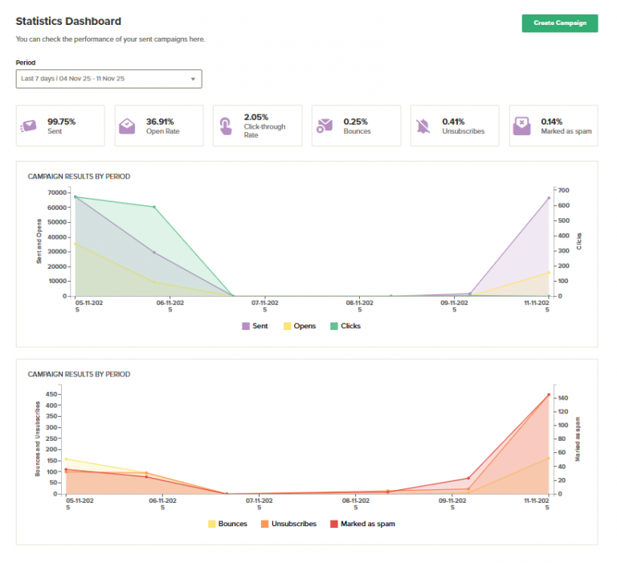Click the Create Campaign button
tap(559, 23)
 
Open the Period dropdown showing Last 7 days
tap(108, 79)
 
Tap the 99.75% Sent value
tap(61, 121)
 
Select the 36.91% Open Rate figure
tap(161, 121)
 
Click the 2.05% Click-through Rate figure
tap(256, 117)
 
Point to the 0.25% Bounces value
tap(358, 121)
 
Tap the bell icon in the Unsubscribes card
tap(423, 126)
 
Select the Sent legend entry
tap(255, 326)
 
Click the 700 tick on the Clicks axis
tap(564, 191)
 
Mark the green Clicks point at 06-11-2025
tap(154, 207)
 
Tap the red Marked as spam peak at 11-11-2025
tap(549, 395)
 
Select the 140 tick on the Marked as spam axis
tap(562, 397)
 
